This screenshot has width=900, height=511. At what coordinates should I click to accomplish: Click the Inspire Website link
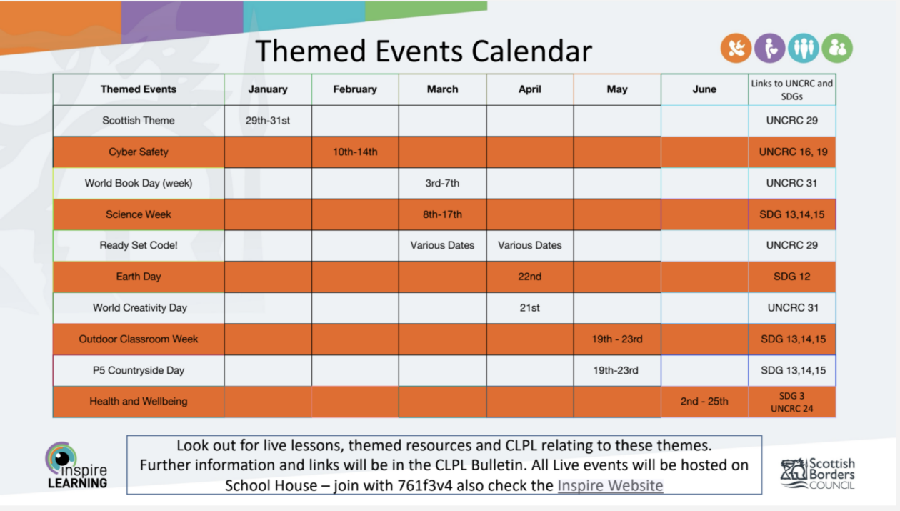610,485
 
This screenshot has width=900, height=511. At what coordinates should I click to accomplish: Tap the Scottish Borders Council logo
818,473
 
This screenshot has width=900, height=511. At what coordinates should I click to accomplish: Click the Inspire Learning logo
76,465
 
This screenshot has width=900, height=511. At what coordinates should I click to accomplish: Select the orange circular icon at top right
736,49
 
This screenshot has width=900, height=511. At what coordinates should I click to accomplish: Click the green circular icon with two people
837,49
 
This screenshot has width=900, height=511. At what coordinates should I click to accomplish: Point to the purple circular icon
769,49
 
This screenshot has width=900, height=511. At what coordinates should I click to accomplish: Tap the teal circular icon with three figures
803,49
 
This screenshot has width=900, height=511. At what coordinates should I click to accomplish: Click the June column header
704,89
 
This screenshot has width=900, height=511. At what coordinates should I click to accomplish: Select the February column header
355,89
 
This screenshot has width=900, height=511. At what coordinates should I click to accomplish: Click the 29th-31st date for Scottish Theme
268,121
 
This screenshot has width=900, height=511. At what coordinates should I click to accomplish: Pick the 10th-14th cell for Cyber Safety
355,152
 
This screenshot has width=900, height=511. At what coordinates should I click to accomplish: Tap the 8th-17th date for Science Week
442,214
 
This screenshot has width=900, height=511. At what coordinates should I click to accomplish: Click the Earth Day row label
139,277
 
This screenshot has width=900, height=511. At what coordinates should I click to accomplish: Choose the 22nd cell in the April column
529,277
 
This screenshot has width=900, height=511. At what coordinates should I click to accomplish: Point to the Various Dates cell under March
442,245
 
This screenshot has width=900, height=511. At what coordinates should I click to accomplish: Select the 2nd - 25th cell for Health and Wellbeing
704,401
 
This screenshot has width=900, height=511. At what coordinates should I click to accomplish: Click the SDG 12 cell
791,277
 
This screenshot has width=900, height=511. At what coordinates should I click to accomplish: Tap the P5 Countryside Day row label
139,370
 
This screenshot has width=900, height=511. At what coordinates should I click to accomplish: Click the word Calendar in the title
531,51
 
